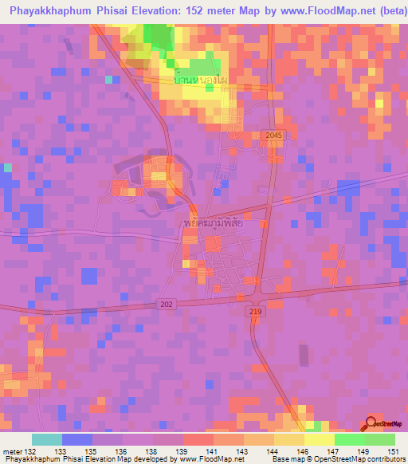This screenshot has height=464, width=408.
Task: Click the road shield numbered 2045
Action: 274,136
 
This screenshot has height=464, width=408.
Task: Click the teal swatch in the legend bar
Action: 47,439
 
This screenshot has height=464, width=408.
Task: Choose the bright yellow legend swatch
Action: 319,439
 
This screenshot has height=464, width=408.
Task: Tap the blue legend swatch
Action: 77,439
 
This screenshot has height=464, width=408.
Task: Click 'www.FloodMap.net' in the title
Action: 308,12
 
